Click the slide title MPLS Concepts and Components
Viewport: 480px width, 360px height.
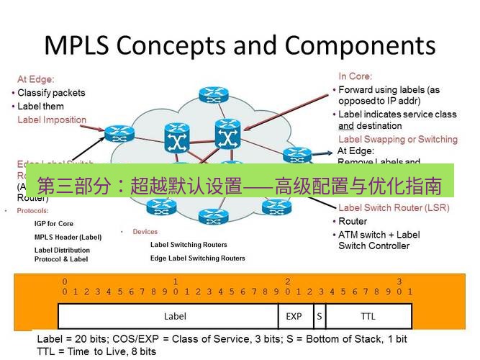tap(240, 45)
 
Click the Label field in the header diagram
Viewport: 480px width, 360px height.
tap(175, 315)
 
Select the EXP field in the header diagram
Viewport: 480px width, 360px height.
tap(294, 315)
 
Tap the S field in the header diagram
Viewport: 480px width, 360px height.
tap(318, 315)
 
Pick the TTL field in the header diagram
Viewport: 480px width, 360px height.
tap(368, 315)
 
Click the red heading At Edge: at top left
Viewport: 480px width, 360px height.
tap(35, 79)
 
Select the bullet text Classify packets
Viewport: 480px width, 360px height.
tap(50, 93)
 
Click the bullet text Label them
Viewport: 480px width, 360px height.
tap(40, 107)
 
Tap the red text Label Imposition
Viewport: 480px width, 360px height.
tap(52, 120)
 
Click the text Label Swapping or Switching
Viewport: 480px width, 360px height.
tap(397, 139)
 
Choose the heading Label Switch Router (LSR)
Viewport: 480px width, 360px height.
tap(393, 208)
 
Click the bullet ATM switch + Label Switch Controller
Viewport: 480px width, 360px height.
tap(379, 240)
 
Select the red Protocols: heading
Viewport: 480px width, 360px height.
tap(32, 211)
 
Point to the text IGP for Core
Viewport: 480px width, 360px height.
tap(54, 224)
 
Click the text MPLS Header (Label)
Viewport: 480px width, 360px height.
tap(68, 237)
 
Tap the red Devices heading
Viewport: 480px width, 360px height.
tap(145, 232)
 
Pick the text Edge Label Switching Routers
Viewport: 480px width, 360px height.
tap(197, 258)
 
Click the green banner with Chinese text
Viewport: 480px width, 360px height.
tap(240, 181)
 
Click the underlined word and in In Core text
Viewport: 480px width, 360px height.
tap(345, 125)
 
